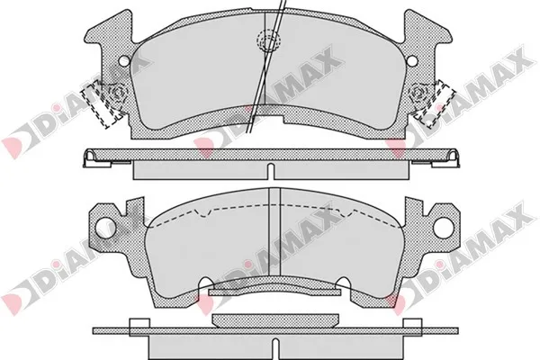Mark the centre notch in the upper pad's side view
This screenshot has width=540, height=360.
[x=270, y=168]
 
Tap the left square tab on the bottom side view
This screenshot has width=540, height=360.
[x=138, y=327]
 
